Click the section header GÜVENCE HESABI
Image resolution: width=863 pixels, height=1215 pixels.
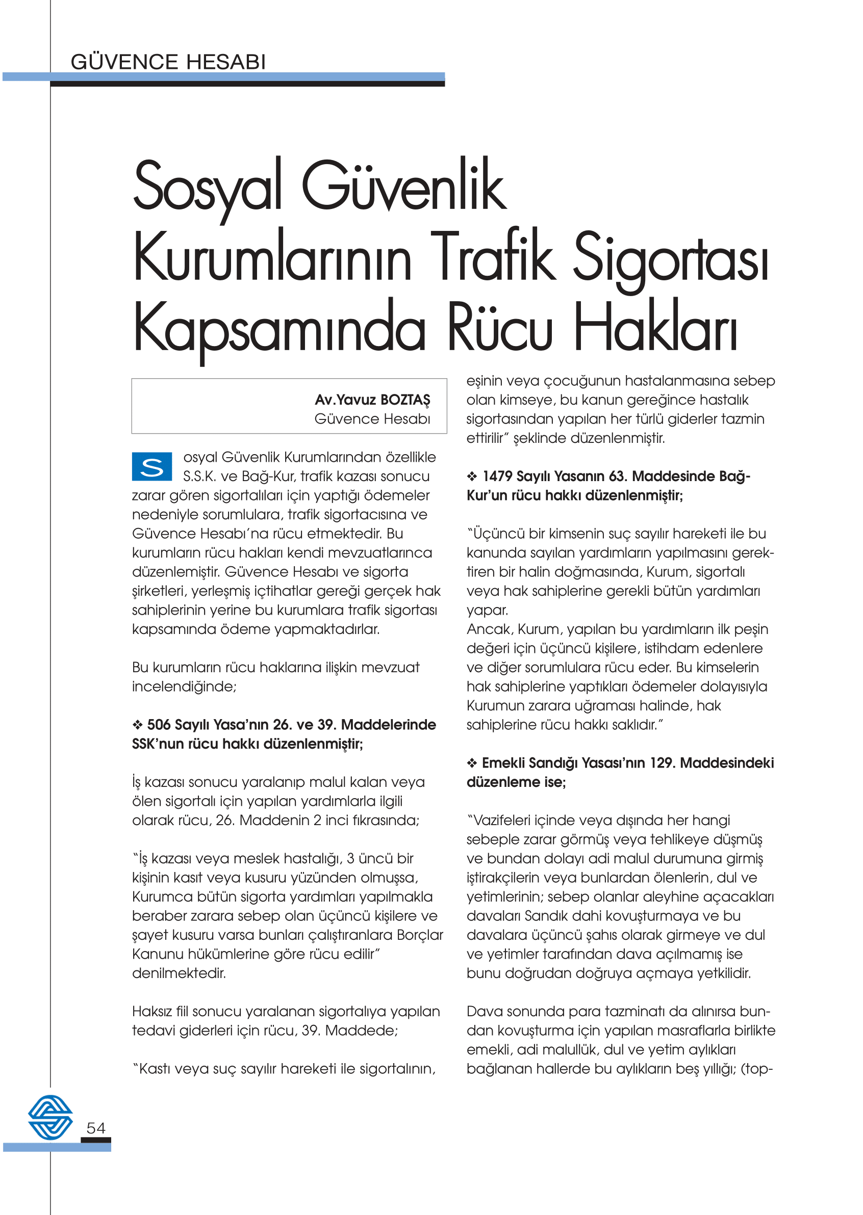coord(168,62)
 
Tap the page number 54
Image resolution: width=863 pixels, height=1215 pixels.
coord(96,1128)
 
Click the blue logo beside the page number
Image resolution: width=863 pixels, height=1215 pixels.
coord(50,1118)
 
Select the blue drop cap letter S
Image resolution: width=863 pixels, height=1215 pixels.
coord(152,466)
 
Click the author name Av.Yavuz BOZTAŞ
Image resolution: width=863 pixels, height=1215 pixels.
coord(372,400)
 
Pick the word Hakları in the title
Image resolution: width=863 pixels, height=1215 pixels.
coord(656,327)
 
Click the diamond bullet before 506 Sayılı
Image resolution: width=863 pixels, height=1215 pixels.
coord(137,725)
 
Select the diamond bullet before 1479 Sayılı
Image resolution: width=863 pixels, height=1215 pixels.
coord(472,477)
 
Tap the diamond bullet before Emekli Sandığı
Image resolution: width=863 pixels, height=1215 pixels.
coord(472,763)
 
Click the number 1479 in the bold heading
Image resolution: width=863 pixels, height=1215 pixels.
coord(498,477)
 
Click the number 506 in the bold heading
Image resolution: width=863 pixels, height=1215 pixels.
coord(158,725)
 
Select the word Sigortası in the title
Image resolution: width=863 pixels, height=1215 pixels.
coord(671,259)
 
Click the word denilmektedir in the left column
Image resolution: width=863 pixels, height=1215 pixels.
coord(179,973)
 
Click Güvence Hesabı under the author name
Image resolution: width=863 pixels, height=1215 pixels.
coord(372,419)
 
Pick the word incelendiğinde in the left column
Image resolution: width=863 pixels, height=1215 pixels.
coord(184,686)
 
